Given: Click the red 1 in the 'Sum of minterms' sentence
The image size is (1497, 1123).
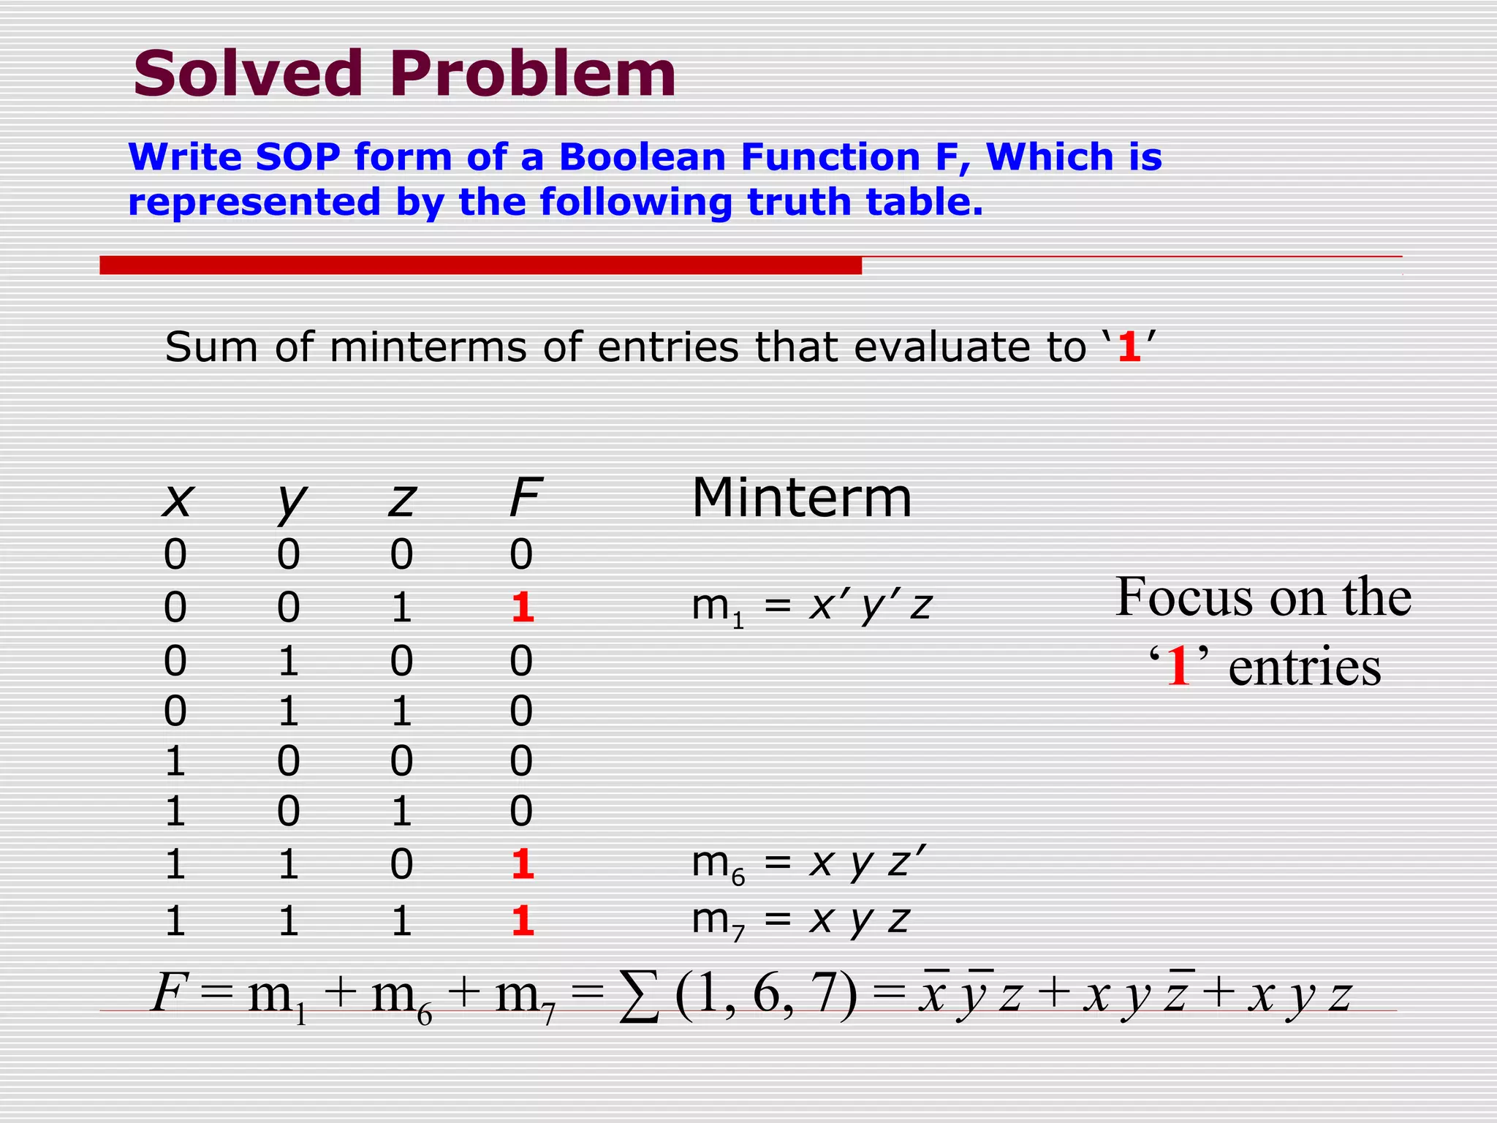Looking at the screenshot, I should [1129, 347].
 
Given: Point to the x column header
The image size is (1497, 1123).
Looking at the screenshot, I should [177, 500].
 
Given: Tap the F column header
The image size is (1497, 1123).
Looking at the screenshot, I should [525, 497].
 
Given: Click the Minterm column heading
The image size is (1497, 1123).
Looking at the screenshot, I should [802, 498].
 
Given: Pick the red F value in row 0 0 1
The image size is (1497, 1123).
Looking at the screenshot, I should [522, 608].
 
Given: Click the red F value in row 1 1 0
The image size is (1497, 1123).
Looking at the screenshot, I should [522, 865].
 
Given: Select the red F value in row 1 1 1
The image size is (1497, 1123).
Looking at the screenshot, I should [522, 920].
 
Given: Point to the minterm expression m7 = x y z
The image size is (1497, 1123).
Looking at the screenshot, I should [800, 920].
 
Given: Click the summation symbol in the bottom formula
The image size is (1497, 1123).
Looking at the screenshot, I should [638, 998].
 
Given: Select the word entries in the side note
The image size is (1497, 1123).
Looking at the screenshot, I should [1304, 667].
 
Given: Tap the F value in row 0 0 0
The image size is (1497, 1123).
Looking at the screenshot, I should [521, 554].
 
